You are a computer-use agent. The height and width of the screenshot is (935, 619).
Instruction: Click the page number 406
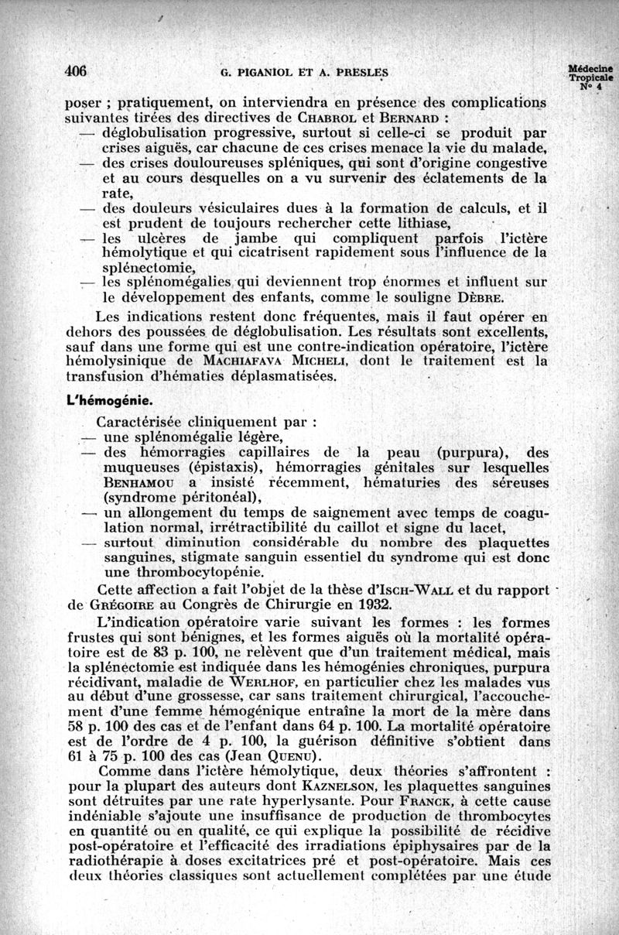(x=75, y=71)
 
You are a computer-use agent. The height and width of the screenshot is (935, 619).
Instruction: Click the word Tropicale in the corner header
(x=590, y=77)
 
